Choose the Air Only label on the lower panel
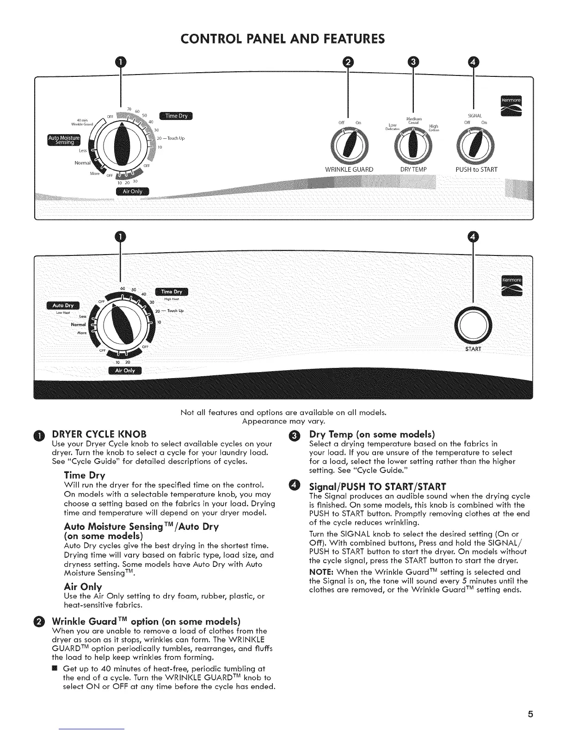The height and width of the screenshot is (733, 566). pos(125,370)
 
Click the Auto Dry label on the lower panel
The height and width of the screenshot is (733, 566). pos(63,305)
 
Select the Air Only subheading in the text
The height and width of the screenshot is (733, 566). pos(83,587)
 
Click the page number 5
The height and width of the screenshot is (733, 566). pos(531,714)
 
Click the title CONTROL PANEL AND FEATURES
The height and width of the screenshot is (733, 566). pos(283,37)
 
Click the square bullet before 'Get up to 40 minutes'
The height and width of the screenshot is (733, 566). pos(55,668)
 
